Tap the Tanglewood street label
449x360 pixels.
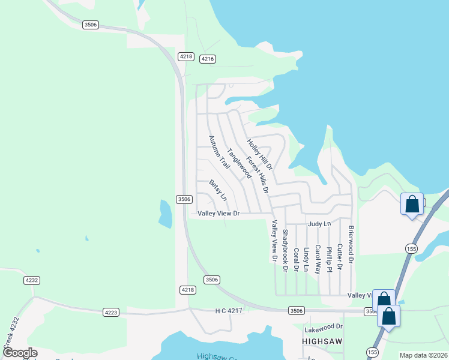pos(239,164)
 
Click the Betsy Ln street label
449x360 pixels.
pos(218,190)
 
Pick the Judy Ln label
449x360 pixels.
pos(319,224)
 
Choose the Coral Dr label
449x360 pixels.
pos(296,260)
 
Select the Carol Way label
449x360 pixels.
pos(318,257)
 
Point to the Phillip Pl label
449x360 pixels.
pos(329,259)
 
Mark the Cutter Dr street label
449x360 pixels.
pos(340,256)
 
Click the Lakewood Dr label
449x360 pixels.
pos(323,327)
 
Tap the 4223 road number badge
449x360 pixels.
pos(110,312)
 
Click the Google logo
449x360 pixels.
pos(19,353)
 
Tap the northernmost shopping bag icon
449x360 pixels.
pos(412,204)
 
